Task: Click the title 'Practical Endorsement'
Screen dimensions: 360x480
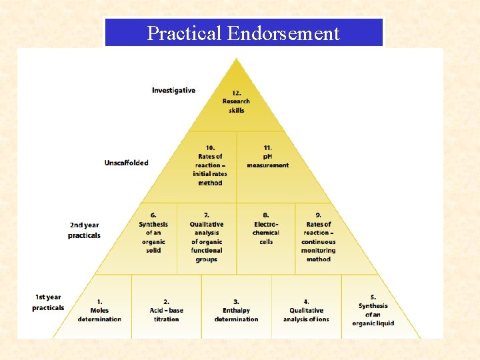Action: pos(243,33)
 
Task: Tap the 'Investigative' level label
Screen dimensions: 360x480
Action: pos(173,90)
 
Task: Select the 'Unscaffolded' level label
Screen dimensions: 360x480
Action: pos(126,163)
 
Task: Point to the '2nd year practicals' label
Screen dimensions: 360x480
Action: pos(84,230)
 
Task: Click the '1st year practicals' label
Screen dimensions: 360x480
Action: pos(48,303)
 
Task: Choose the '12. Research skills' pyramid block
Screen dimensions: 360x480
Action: pos(236,101)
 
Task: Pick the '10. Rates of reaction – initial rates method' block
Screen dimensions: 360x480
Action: pos(210,165)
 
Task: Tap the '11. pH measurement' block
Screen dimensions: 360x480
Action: pos(267,157)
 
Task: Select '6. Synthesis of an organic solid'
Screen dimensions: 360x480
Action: pos(153,233)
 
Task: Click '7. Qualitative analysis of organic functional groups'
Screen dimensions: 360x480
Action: pos(207,237)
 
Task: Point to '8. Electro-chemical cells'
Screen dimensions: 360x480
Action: pos(266,229)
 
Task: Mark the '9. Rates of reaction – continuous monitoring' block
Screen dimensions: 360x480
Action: pos(318,237)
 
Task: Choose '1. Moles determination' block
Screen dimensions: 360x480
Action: pos(99,311)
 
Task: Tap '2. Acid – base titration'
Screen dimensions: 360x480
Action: pos(166,311)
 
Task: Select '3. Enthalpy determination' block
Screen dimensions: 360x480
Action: pos(236,311)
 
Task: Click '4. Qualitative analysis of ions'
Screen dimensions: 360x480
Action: pos(306,311)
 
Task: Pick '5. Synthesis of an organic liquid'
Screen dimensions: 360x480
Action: pos(373,310)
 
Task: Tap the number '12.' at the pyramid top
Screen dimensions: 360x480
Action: pos(237,93)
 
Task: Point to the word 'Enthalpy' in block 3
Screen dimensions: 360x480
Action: pos(236,311)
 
